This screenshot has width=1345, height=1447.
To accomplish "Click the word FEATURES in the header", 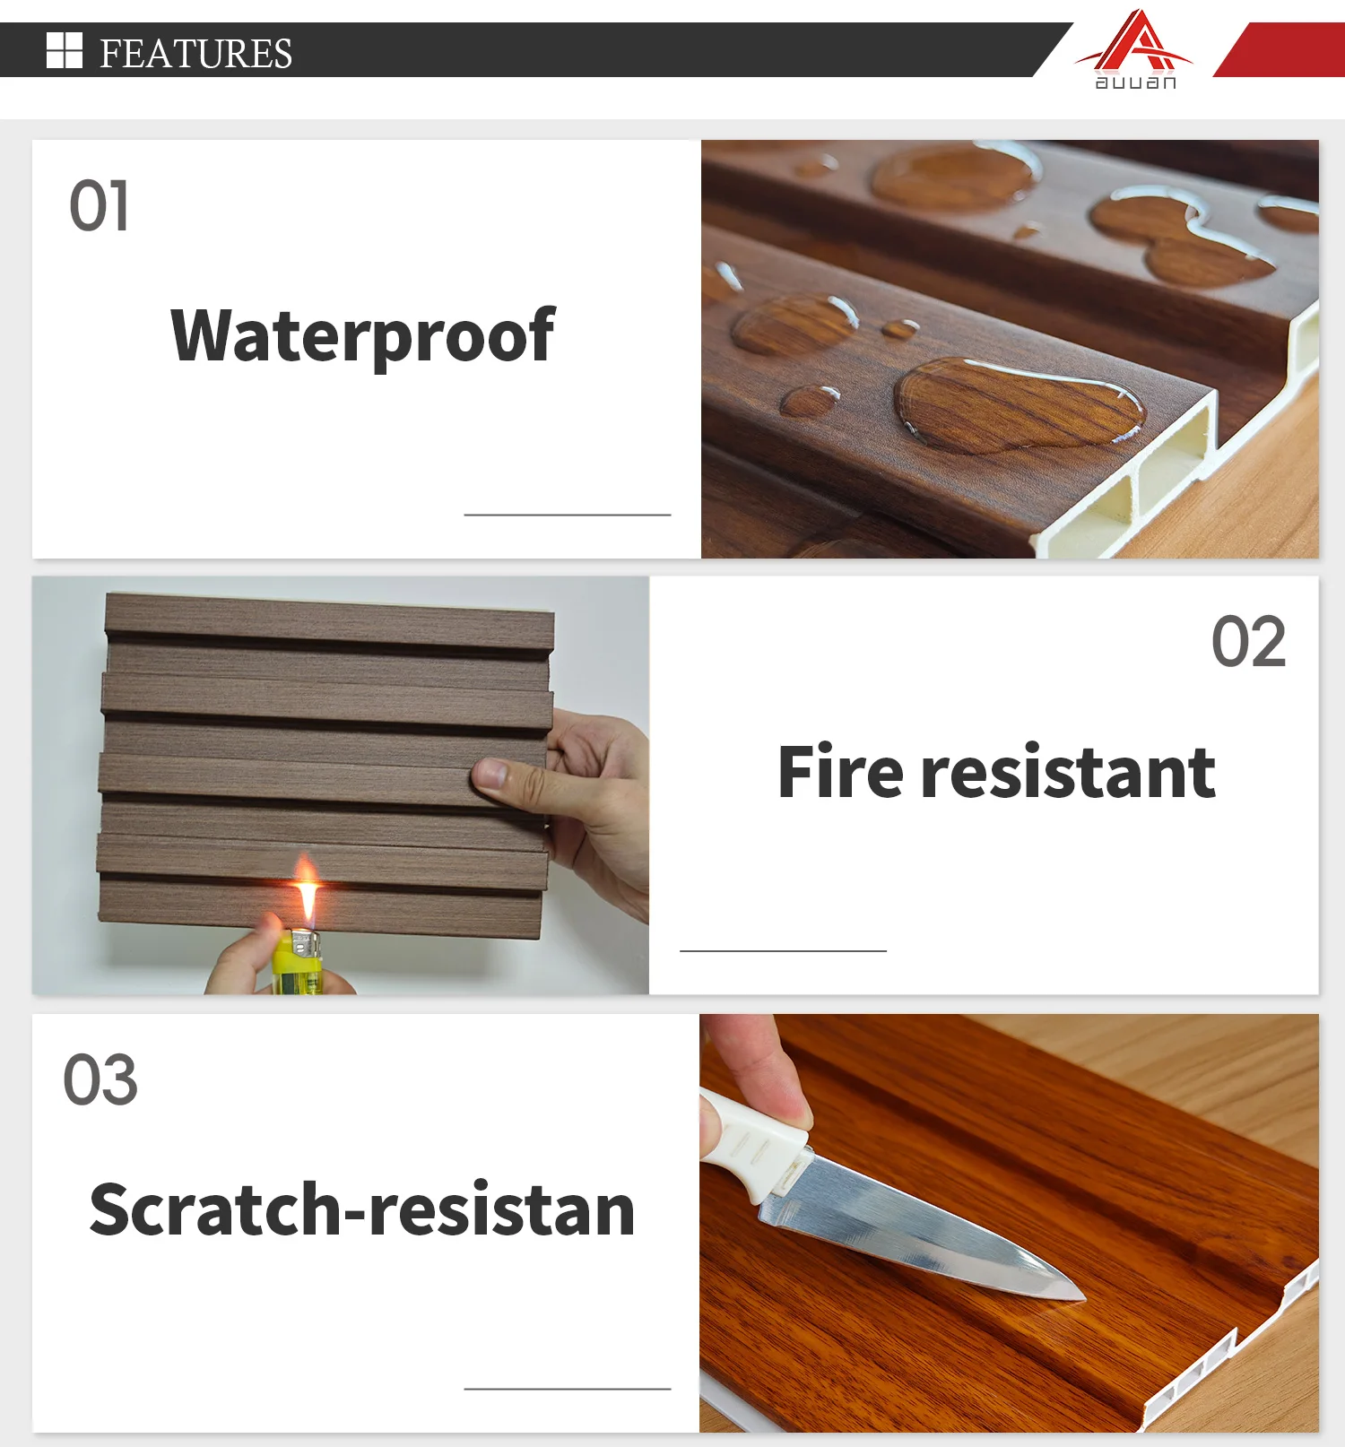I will (195, 53).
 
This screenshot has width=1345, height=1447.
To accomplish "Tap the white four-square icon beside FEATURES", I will (64, 50).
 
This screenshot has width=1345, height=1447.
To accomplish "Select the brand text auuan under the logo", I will (1135, 82).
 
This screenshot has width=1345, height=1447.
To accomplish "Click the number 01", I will (99, 206).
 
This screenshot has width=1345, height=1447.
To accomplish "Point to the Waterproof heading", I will (362, 336).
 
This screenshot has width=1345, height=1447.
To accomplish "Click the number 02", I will (1248, 642).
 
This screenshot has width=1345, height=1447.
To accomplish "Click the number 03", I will (100, 1080).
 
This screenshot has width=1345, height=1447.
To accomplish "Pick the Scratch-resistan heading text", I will (362, 1210).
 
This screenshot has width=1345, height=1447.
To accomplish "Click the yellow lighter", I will (296, 964).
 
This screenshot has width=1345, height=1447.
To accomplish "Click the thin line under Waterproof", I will (567, 515).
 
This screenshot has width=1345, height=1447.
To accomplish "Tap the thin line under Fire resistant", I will (783, 950).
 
